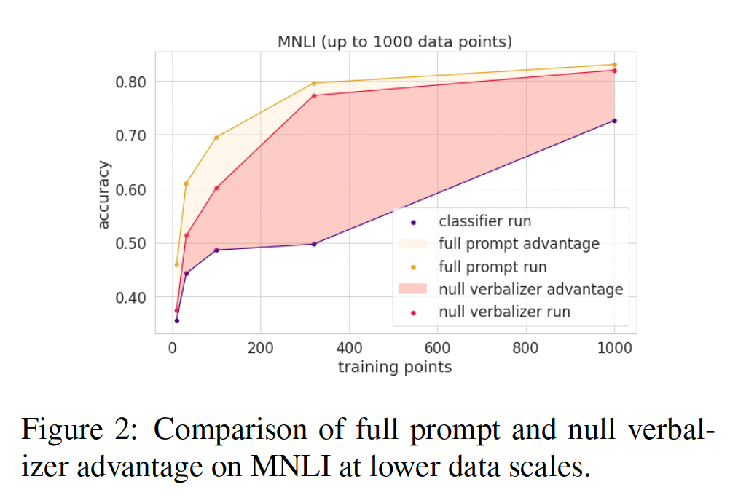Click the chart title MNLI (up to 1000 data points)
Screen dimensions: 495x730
click(x=394, y=41)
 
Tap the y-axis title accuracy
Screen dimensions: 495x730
click(x=104, y=195)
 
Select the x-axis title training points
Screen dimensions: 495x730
click(x=394, y=367)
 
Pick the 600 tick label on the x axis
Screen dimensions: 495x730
click(x=437, y=349)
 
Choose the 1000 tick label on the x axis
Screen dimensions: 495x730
click(x=614, y=349)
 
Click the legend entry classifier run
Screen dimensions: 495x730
click(x=484, y=221)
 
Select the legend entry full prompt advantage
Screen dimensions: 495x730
click(x=519, y=243)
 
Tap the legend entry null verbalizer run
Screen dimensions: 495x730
click(x=504, y=312)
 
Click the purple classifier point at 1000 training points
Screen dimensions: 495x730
click(x=614, y=121)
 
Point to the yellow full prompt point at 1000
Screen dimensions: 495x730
click(x=614, y=65)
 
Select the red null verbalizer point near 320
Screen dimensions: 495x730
click(x=314, y=95)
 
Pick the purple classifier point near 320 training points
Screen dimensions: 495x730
click(x=314, y=244)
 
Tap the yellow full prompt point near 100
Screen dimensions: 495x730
click(x=216, y=138)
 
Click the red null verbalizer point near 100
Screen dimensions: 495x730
click(x=216, y=188)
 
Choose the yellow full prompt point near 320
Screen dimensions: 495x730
click(x=314, y=83)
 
